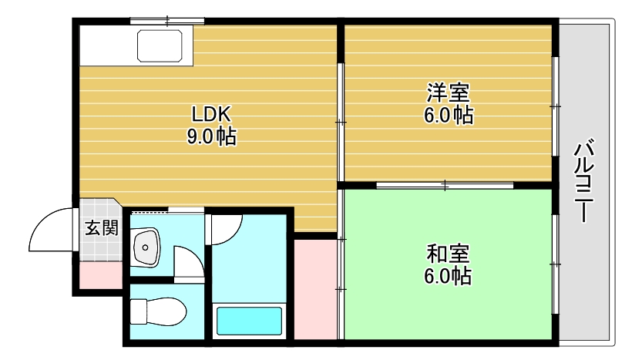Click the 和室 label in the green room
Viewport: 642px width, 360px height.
point(448,254)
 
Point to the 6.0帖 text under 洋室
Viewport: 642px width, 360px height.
point(448,116)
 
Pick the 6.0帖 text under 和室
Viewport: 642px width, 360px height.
point(448,275)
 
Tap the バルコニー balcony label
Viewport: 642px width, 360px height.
point(585,180)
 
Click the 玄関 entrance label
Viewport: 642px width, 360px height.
point(101,228)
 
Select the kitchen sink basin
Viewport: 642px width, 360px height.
point(162,45)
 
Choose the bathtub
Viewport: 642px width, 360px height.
point(248,321)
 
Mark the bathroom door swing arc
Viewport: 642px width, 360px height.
point(227,227)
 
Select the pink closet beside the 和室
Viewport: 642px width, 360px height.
point(314,289)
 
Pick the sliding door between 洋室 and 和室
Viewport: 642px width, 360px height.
point(445,184)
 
